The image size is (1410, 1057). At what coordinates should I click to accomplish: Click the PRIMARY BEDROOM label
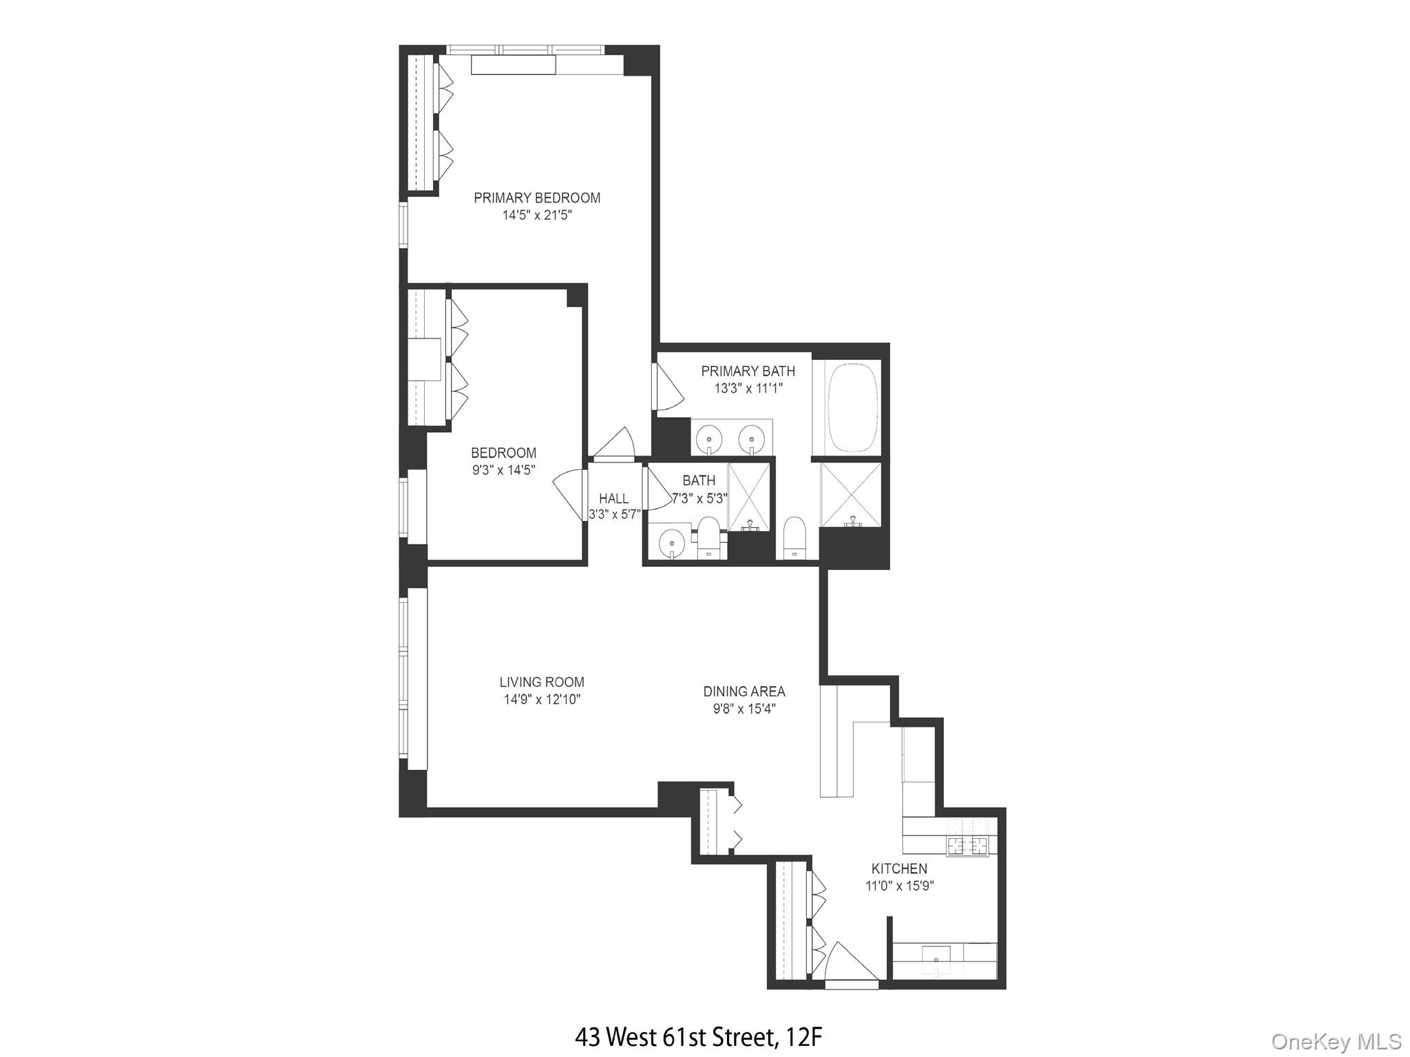click(537, 198)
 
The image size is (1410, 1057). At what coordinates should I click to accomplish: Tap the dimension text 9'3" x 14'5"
click(503, 470)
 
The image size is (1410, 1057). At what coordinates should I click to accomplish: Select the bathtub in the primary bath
click(853, 407)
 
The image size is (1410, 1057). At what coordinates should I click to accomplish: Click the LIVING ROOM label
click(542, 682)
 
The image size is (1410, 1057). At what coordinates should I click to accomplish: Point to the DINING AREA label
click(744, 692)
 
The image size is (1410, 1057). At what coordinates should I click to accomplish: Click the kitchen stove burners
click(967, 845)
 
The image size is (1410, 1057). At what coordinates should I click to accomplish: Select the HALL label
click(613, 499)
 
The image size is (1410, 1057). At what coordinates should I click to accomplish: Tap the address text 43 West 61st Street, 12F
click(698, 1036)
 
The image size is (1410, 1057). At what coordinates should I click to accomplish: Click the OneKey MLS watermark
click(1336, 1041)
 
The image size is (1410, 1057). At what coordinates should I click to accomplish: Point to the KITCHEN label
click(899, 868)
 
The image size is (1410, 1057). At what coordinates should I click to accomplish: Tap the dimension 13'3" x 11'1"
click(748, 388)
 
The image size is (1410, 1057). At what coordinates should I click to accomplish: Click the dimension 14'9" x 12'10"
click(542, 700)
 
